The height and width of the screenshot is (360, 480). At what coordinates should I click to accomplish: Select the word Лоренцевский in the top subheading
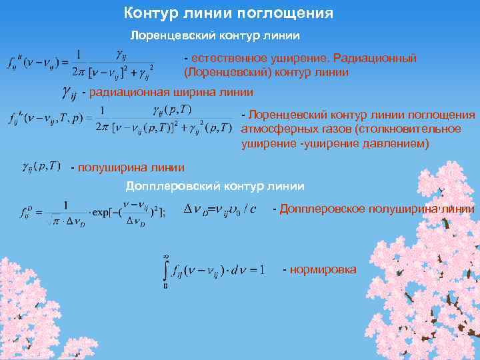[x=166, y=33]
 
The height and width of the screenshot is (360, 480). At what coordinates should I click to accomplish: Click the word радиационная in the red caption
[x=131, y=91]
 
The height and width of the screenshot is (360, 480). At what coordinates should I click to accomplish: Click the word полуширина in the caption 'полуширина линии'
[x=108, y=167]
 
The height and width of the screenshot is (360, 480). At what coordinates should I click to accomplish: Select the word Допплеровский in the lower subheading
[x=167, y=186]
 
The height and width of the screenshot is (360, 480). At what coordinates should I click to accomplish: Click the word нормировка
[x=323, y=269]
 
